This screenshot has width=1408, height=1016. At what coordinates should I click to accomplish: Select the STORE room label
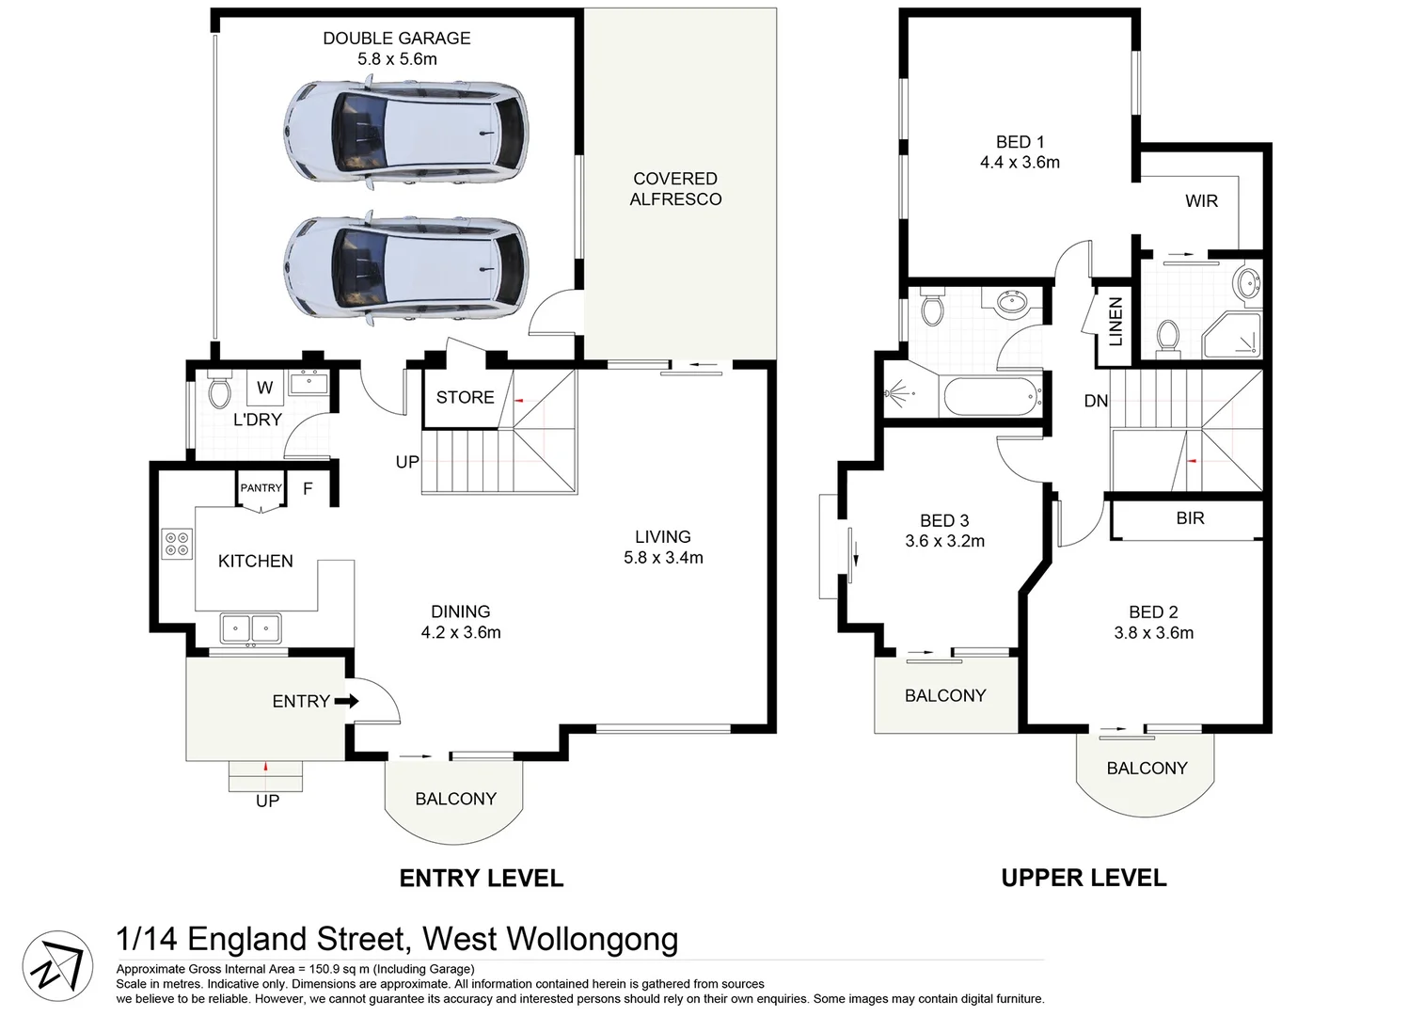tap(465, 397)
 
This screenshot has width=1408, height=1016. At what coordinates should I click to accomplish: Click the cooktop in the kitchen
tap(177, 544)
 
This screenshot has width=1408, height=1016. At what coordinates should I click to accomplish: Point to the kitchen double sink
tap(250, 627)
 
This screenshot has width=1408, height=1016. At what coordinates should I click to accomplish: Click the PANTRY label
tap(261, 487)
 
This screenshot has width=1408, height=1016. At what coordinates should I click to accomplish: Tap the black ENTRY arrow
tap(347, 701)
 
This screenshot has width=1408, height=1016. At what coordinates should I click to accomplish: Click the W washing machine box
tap(265, 388)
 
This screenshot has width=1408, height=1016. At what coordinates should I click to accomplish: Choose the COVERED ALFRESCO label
tap(675, 189)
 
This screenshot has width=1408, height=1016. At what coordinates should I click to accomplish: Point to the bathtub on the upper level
tap(991, 397)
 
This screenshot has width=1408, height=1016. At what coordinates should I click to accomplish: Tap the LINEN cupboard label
tap(1115, 322)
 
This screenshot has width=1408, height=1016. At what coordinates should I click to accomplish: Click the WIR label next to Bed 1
tap(1201, 201)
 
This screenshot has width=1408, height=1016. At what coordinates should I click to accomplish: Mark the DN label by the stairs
tap(1096, 401)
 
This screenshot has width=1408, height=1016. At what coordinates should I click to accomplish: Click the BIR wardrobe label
tap(1190, 518)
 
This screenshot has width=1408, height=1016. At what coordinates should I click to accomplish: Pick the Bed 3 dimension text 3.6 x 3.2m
tap(944, 541)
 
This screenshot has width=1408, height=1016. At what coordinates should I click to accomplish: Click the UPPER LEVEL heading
tap(1084, 878)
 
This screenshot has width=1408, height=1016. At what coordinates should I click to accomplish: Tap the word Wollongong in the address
tap(592, 939)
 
